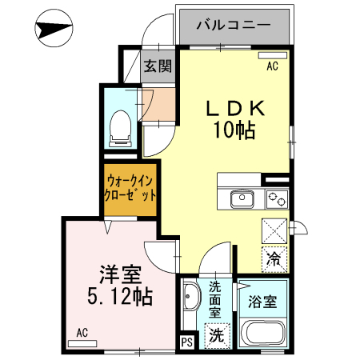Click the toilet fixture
[x=121, y=124]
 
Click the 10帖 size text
[x=233, y=130]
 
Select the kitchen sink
[x=242, y=198]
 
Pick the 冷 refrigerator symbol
[x=274, y=259]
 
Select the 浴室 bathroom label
[x=262, y=303]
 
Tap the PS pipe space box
[x=186, y=343]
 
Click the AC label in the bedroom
[x=82, y=332]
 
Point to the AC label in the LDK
[x=272, y=66]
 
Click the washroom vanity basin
[x=191, y=302]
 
